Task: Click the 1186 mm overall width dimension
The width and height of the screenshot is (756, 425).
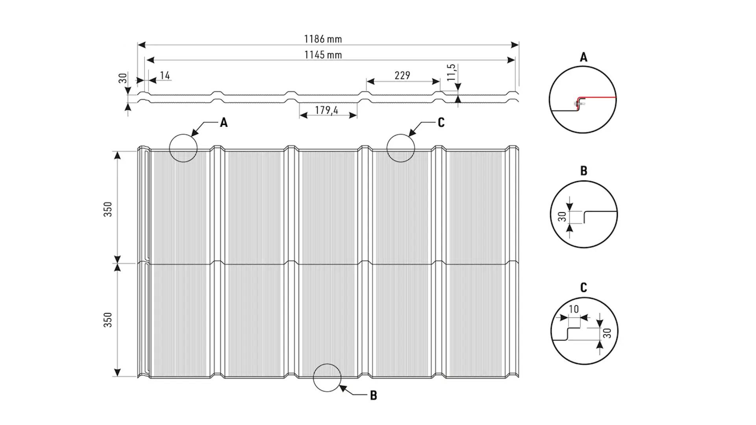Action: (x=323, y=39)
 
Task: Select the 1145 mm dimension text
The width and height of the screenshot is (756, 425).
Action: (x=323, y=55)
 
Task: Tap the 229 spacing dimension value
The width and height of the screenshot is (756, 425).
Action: (x=402, y=75)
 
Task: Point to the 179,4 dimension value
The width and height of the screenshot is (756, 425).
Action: (x=326, y=110)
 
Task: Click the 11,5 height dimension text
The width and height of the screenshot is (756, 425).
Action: (x=451, y=72)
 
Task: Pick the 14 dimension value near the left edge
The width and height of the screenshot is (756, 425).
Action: (x=165, y=75)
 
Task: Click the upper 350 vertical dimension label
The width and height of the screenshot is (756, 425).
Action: (x=108, y=209)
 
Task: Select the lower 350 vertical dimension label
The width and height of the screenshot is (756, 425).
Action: (x=108, y=320)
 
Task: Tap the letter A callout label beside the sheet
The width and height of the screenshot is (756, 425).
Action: (x=224, y=123)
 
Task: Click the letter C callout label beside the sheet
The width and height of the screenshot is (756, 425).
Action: (x=441, y=123)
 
